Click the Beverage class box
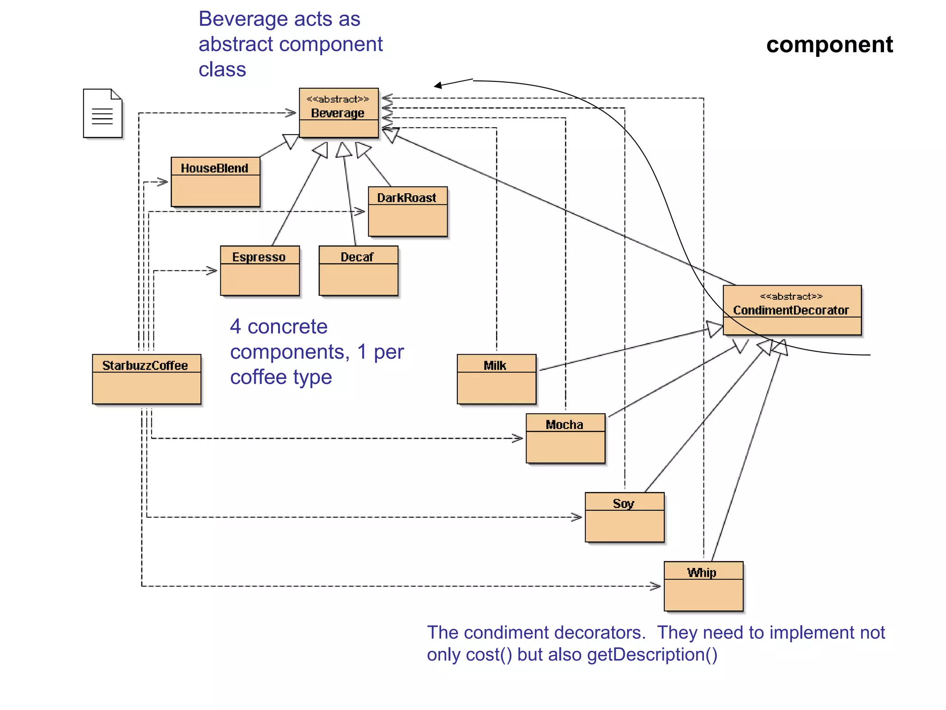339,113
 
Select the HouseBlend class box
215,182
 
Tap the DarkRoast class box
407,211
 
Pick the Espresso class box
260,270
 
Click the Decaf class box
358,270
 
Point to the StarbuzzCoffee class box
146,379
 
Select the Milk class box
497,379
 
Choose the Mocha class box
565,438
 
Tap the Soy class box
624,517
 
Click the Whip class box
703,586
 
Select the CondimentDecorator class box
792,310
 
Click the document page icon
103,113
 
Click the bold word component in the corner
829,45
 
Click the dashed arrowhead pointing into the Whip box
656,586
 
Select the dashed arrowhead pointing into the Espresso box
212,271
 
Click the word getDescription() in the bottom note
652,655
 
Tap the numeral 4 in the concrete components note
236,327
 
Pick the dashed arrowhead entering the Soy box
577,517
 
